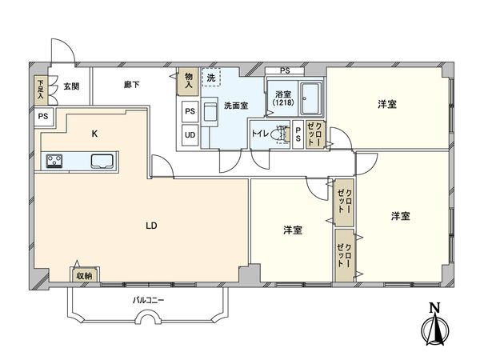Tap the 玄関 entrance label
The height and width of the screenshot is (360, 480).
click(71, 86)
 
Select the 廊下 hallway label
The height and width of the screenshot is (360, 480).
click(132, 85)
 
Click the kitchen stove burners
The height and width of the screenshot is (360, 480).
click(54, 161)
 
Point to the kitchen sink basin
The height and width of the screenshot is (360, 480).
click(102, 161)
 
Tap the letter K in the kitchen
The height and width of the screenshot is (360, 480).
click(95, 134)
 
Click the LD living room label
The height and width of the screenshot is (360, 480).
click(151, 226)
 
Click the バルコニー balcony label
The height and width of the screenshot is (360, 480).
click(148, 300)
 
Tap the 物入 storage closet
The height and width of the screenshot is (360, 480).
click(189, 81)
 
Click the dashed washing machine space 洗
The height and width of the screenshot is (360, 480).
click(211, 78)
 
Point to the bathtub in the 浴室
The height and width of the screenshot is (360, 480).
click(310, 98)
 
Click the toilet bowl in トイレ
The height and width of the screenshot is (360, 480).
click(282, 134)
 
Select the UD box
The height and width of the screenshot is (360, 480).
click(190, 135)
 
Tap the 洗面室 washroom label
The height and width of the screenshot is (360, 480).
click(236, 106)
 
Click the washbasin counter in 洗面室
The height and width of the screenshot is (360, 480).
click(210, 112)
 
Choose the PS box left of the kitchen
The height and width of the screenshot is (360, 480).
click(43, 116)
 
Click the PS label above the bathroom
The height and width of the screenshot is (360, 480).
click(285, 70)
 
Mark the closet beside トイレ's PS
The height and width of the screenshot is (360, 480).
click(315, 134)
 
